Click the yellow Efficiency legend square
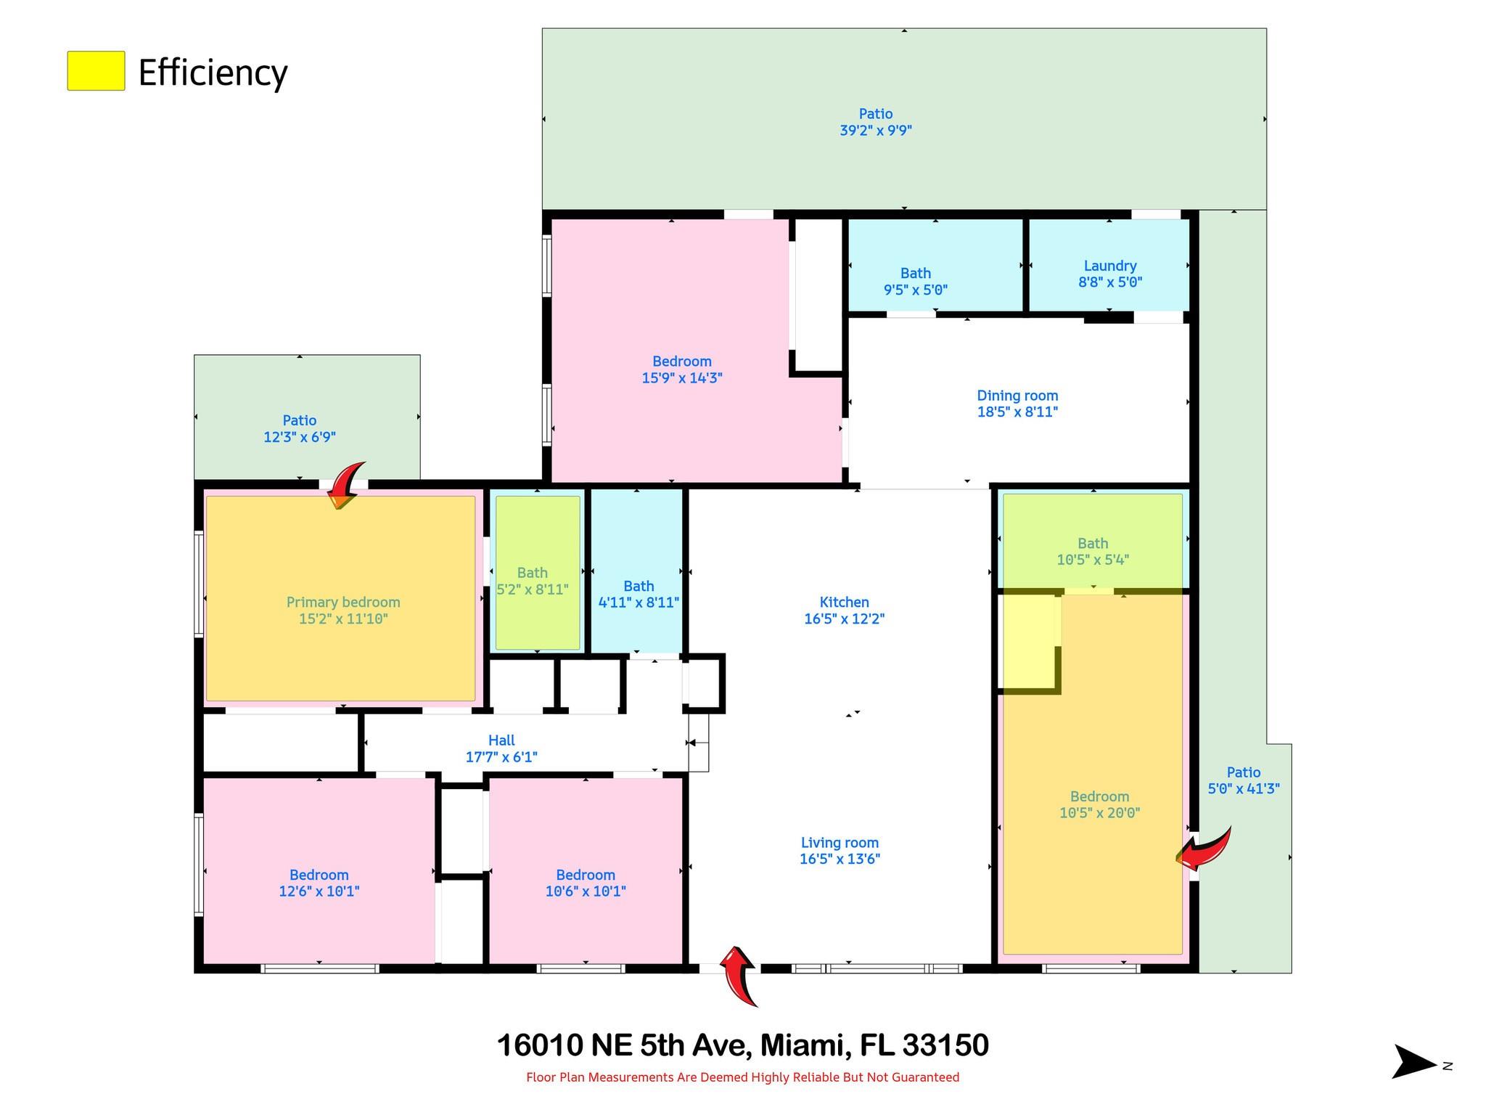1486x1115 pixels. pyautogui.click(x=96, y=70)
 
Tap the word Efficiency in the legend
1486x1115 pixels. pyautogui.click(x=213, y=73)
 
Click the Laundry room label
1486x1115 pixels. pyautogui.click(x=1109, y=266)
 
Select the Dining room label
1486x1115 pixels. pyautogui.click(x=1017, y=396)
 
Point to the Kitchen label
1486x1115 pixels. pyautogui.click(x=844, y=602)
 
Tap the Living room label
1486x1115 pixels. pyautogui.click(x=840, y=843)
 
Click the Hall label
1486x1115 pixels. pyautogui.click(x=501, y=740)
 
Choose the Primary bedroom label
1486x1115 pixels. pyautogui.click(x=343, y=602)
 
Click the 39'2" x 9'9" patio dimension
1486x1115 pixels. pyautogui.click(x=876, y=131)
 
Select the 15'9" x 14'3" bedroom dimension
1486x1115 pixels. pyautogui.click(x=682, y=377)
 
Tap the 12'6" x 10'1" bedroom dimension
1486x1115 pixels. pyautogui.click(x=319, y=891)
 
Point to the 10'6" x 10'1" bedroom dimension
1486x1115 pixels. pyautogui.click(x=586, y=891)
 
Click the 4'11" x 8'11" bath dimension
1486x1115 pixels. pyautogui.click(x=639, y=603)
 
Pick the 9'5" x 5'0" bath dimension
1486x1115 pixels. pyautogui.click(x=916, y=290)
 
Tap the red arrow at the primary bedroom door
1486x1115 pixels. pyautogui.click(x=347, y=485)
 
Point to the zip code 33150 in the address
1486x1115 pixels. pyautogui.click(x=945, y=1046)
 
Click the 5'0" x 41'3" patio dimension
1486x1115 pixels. pyautogui.click(x=1244, y=789)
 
